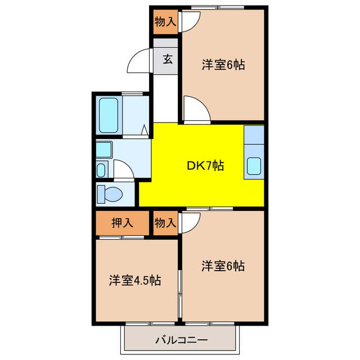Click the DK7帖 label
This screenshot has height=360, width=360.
tap(205, 165)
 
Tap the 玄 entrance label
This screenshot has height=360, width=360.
tap(168, 58)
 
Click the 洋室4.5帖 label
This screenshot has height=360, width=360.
tap(135, 280)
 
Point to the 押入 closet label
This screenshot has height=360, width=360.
tap(122, 222)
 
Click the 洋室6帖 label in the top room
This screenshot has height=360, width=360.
tap(223, 65)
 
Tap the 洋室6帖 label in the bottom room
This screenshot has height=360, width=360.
tap(223, 266)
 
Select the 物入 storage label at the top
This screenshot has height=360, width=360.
tap(165, 22)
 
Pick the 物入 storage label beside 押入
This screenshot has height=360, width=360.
tap(165, 222)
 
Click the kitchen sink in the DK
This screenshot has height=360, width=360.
tap(254, 167)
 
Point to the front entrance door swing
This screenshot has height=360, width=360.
tap(139, 62)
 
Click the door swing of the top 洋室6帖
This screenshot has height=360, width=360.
tap(196, 109)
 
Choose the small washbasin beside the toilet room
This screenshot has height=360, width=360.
tap(102, 169)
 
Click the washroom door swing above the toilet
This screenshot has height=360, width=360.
tap(124, 170)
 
